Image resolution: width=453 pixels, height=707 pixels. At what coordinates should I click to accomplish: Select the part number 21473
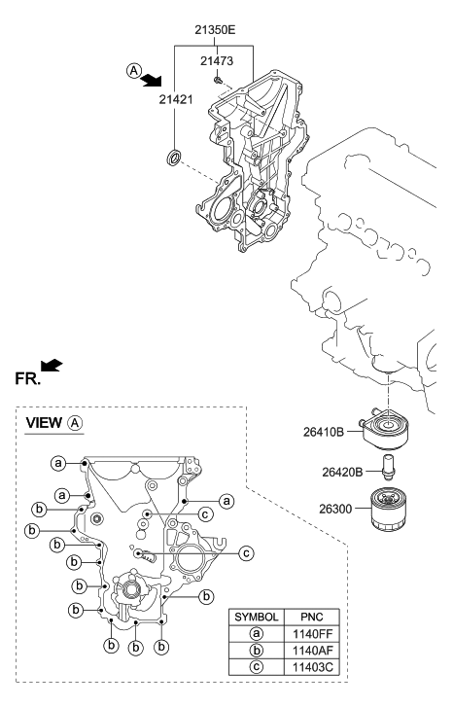(x=219, y=61)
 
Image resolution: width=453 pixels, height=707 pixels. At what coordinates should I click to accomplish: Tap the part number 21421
(x=177, y=99)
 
